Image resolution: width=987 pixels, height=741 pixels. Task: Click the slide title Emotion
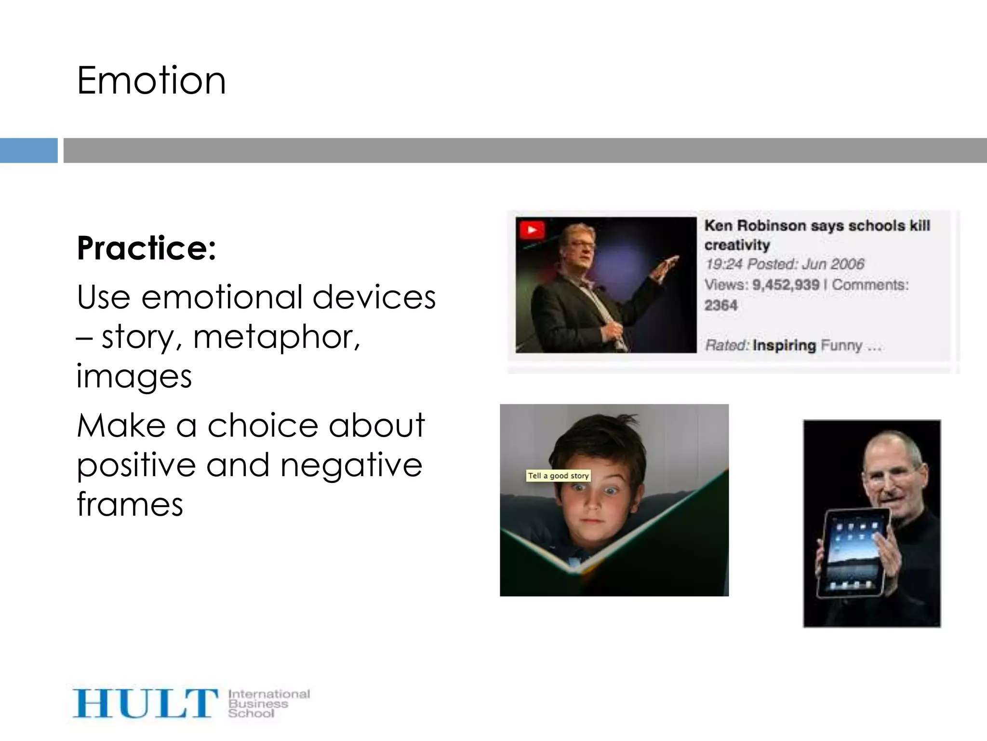151,81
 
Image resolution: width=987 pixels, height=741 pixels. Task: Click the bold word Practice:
147,248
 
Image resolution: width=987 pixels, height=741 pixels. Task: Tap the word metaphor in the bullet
276,337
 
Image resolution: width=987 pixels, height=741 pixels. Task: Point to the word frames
130,504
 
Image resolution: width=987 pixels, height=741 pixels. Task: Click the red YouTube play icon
532,230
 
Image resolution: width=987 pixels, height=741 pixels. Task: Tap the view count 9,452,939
786,285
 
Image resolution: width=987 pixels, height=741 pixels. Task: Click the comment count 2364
721,305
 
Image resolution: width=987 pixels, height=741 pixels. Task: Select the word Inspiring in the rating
784,345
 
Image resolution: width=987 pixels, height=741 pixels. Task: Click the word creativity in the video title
737,245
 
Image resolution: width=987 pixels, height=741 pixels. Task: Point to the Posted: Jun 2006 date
806,264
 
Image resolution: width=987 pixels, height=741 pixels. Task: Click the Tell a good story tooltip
558,476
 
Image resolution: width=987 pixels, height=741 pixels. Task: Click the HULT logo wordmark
145,703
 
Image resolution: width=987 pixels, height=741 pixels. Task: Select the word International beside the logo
269,694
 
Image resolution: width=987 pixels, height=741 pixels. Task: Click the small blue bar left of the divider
28,151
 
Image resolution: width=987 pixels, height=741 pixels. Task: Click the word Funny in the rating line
841,345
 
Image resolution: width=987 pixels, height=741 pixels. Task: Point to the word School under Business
251,714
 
